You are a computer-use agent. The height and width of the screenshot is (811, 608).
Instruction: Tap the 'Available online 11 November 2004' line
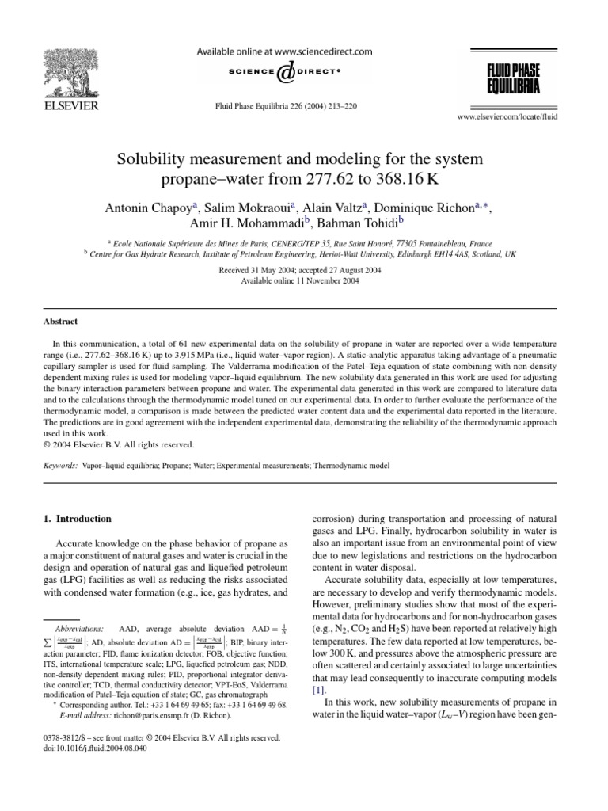(303, 280)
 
